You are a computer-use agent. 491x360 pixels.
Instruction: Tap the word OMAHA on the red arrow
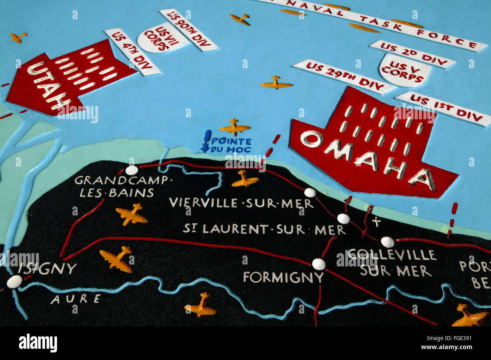coord(368,157)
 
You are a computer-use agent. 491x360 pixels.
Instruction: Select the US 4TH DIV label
coord(132,52)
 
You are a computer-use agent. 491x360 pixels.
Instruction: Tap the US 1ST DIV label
coord(446,108)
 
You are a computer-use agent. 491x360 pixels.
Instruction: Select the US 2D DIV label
coord(412,54)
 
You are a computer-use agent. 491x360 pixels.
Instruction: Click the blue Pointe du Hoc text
coord(232,145)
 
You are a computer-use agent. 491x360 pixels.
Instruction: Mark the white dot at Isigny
coord(14,282)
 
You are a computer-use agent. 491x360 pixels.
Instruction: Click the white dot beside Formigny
coord(319,264)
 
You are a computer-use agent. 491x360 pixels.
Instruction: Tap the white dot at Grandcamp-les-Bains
coord(132,170)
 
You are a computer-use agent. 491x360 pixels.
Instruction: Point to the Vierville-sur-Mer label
coord(241,203)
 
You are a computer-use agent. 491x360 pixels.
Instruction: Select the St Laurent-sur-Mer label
coord(264,229)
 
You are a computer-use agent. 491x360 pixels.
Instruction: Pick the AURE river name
coord(76,299)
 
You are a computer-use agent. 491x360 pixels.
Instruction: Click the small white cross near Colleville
coord(376,222)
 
